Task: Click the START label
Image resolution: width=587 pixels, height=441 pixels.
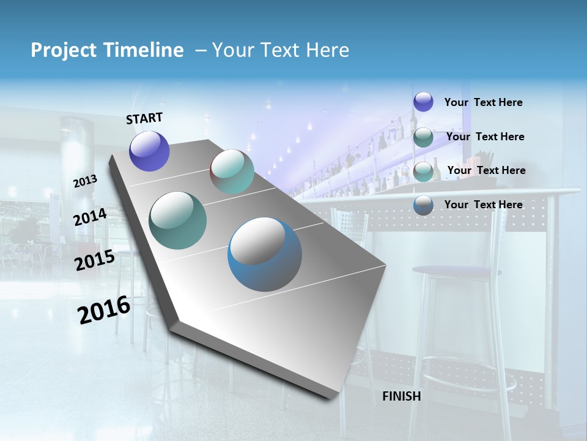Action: pos(144,118)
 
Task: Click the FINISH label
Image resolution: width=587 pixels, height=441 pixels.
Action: pos(401,396)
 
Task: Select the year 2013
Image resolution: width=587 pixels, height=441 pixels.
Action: pos(85,181)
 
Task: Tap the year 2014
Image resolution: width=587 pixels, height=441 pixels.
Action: pos(90,217)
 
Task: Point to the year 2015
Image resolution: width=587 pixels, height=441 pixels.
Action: pos(95,260)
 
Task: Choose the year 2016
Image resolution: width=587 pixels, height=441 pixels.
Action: pos(104,310)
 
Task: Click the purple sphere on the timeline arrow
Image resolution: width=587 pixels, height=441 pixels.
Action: pos(149,151)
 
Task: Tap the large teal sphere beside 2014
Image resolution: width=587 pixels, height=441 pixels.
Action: pos(178,221)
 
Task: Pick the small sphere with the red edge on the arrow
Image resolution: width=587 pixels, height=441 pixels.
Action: pos(232,171)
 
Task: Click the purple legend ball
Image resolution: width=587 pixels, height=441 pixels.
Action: pos(423,102)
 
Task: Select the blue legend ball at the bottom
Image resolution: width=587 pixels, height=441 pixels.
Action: pos(423,205)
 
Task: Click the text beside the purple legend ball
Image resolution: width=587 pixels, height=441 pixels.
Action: pos(483,102)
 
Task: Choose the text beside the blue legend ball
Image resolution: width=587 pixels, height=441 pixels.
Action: pos(483,205)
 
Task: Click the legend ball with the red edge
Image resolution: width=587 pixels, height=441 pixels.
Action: pos(423,171)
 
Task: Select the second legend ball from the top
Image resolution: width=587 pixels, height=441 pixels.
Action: pos(423,137)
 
